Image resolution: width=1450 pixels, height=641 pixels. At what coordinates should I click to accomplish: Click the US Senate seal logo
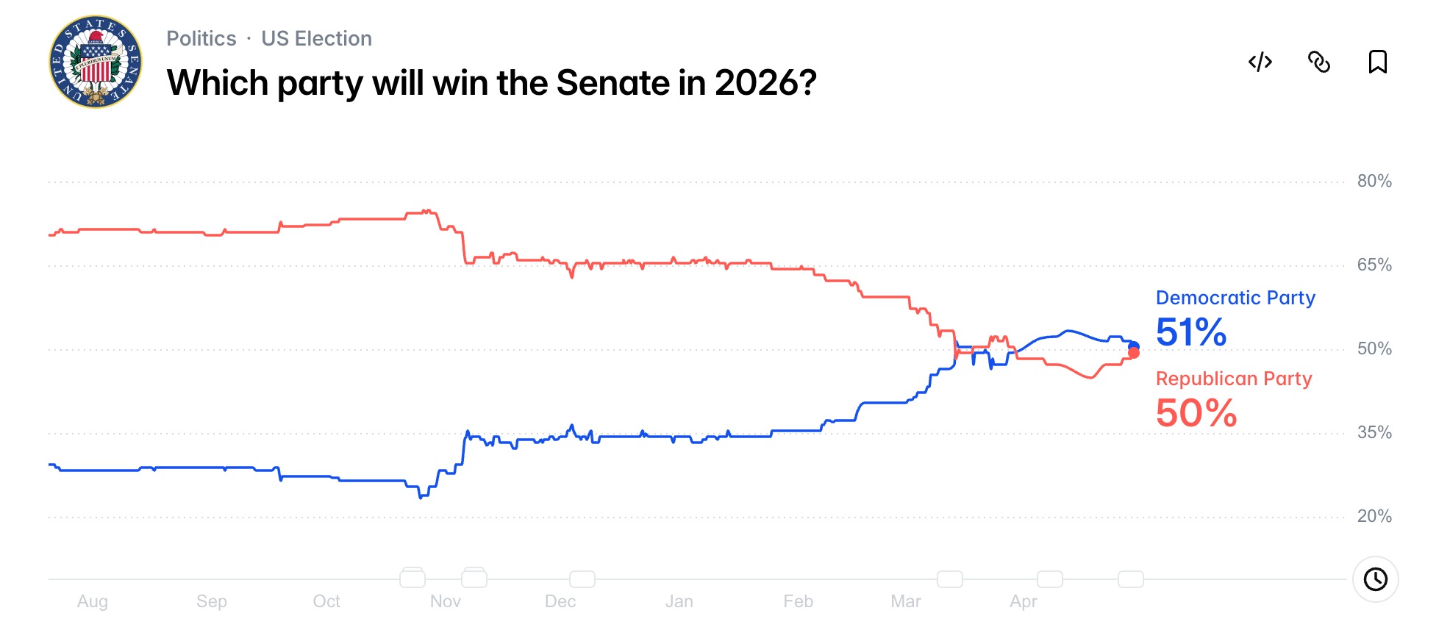point(96,62)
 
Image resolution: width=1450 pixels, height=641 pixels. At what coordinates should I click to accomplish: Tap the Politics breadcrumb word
point(201,38)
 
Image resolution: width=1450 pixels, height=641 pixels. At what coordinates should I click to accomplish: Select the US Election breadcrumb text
point(316,38)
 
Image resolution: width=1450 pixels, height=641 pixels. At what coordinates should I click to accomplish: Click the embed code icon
point(1260,62)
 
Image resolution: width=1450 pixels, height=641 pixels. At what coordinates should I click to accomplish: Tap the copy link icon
point(1318,62)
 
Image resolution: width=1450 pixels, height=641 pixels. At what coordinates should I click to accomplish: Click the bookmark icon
point(1377,62)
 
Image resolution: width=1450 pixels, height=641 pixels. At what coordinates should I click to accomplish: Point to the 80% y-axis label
point(1374,181)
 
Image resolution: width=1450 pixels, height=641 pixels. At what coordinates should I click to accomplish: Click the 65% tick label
point(1374,265)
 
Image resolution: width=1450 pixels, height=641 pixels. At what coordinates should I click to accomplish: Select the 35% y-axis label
point(1374,432)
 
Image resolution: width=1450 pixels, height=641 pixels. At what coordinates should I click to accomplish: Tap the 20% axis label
point(1374,516)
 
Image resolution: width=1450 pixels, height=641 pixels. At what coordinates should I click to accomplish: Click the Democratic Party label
point(1235,298)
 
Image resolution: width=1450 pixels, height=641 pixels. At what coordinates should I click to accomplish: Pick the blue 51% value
point(1190,332)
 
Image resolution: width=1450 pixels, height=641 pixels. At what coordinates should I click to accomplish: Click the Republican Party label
point(1233,379)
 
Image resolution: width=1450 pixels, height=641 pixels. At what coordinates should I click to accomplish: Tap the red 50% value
point(1196,413)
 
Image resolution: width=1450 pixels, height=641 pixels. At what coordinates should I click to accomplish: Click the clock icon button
point(1375,579)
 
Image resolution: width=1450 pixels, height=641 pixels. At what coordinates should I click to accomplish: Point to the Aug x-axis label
point(93,601)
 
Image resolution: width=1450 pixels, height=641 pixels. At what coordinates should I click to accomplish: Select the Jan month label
point(679,601)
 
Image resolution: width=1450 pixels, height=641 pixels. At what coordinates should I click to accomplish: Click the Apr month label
point(1023,601)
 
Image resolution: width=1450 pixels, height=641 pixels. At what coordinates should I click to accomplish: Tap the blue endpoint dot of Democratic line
point(1133,346)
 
